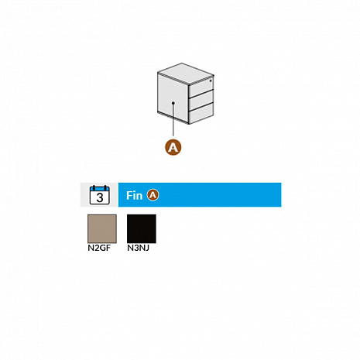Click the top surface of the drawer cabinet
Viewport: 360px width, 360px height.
(185, 74)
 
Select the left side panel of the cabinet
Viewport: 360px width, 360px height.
(173, 98)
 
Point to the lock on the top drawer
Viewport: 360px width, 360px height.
(211, 81)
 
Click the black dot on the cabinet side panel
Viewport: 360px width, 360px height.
(173, 103)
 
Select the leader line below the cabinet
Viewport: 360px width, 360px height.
(173, 120)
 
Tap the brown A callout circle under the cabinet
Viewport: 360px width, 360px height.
(173, 147)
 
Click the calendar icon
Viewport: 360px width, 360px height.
(100, 195)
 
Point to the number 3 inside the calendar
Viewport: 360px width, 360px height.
(100, 197)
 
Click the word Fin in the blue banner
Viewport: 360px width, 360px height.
(134, 195)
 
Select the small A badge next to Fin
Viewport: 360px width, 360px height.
(153, 195)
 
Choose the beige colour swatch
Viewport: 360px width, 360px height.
(102, 228)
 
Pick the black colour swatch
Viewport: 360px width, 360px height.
(142, 228)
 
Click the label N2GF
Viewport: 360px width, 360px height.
(99, 248)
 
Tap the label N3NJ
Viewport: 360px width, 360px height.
(139, 248)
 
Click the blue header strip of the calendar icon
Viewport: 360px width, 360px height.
(100, 189)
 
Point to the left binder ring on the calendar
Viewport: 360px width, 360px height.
(94, 187)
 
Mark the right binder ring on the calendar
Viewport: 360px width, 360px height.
(105, 187)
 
